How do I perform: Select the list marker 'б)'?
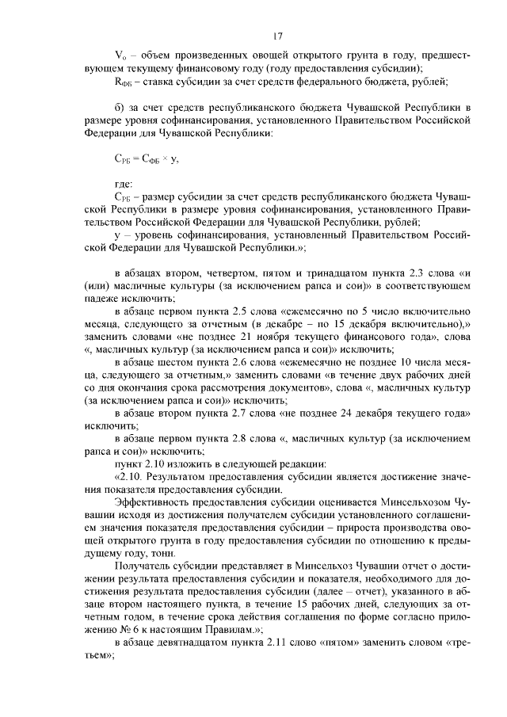pos(120,106)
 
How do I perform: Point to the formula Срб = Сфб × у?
pos(147,158)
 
